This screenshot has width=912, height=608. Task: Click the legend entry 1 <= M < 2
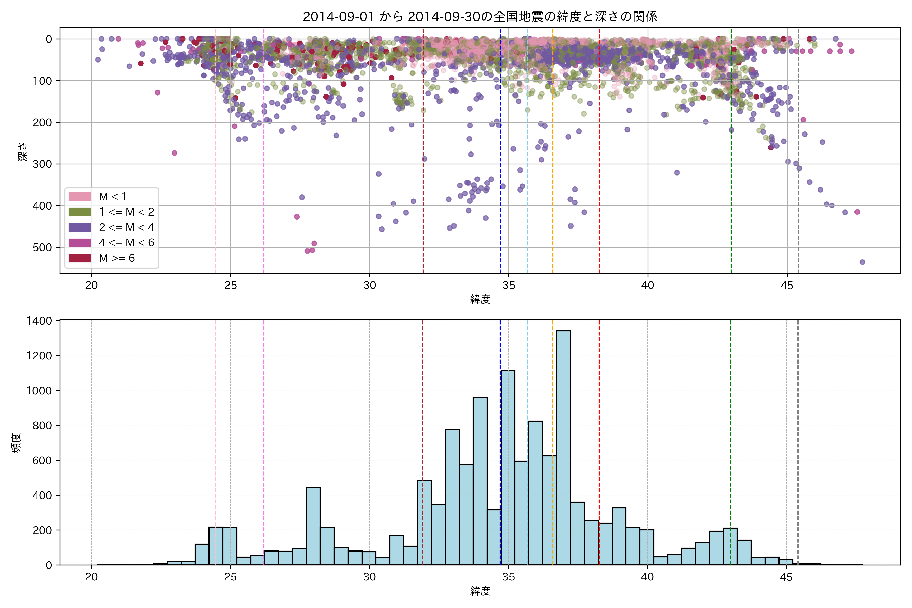(126, 212)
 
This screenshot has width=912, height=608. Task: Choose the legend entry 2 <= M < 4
(126, 227)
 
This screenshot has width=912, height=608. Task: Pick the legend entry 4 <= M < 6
(126, 243)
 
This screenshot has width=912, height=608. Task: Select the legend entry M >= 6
(116, 258)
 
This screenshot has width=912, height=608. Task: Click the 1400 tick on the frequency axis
(39, 321)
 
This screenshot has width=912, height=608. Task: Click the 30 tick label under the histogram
(369, 577)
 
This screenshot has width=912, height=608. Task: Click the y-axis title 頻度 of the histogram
(16, 443)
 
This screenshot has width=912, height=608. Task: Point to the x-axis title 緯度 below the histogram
(480, 591)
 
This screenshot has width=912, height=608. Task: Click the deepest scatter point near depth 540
(862, 262)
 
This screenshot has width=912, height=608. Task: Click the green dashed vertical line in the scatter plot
(731, 155)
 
